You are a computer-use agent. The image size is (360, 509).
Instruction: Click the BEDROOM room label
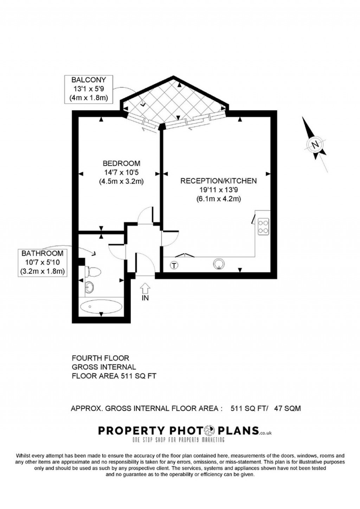coord(121,163)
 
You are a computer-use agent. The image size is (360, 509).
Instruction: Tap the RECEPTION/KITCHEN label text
coord(218,181)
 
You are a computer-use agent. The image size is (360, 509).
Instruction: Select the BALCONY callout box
coord(89,89)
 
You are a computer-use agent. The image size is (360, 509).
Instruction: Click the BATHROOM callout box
coord(42,262)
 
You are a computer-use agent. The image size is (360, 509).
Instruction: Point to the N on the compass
coord(315,144)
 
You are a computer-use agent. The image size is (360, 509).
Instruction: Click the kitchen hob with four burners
coord(263,227)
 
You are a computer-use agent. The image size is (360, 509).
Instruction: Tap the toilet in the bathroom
coord(94,272)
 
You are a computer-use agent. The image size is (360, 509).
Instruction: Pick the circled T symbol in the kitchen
coord(174,265)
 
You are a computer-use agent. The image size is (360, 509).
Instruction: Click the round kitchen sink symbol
coord(219,264)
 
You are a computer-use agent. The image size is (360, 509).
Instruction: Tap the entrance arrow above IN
coord(145,289)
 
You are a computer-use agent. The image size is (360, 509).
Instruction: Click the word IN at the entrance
coord(145,298)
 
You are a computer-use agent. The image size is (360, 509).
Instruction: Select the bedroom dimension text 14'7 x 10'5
coord(121,172)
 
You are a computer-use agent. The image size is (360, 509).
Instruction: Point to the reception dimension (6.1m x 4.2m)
coord(218,199)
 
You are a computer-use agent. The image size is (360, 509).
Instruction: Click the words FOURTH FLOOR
coord(101,358)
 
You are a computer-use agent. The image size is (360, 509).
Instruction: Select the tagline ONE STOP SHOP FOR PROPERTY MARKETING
coord(178,440)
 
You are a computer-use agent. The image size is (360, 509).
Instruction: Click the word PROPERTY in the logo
coord(131,430)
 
